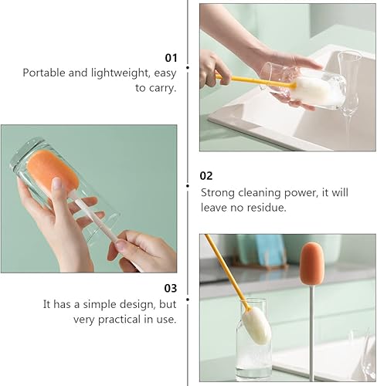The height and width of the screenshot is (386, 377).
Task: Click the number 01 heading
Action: pos(171,57)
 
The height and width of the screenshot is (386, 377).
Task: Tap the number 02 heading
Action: pos(206,176)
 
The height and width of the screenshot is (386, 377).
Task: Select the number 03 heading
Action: pos(171,288)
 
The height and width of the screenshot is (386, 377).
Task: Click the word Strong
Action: pos(219,192)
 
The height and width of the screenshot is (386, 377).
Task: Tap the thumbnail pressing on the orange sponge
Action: pos(56,185)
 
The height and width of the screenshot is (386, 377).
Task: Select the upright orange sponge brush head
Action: pos(311,262)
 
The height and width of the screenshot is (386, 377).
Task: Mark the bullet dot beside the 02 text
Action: pos(188,185)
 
